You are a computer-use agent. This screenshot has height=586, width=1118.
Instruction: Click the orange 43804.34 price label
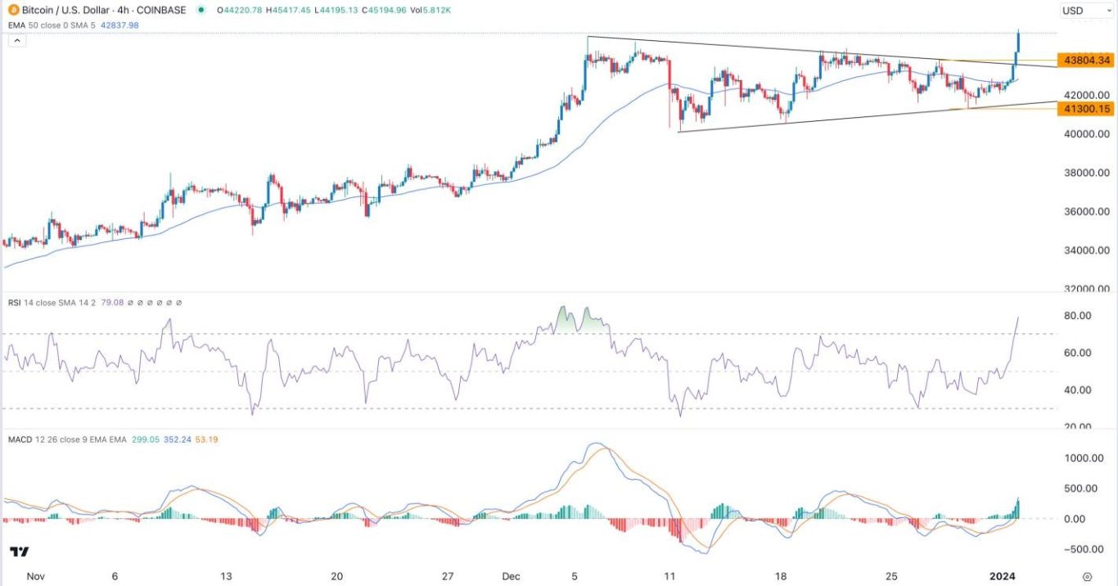pos(1086,60)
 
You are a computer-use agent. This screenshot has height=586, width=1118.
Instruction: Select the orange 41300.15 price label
pos(1086,108)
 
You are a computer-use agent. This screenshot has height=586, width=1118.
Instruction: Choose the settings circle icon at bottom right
pos(1087,576)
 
